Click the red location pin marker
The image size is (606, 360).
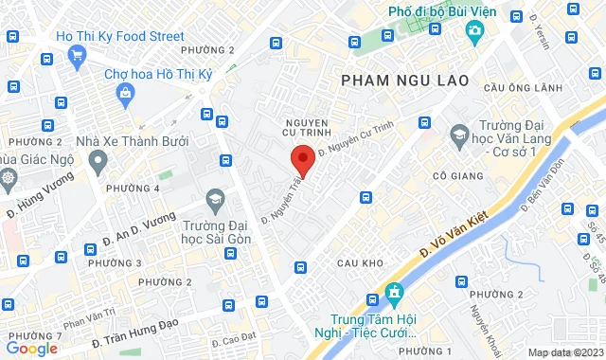point(301,159)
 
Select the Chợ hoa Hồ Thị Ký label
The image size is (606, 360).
point(157,73)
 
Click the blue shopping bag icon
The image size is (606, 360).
point(125,92)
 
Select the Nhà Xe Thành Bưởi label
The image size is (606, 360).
point(132,141)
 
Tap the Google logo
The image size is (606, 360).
point(31,349)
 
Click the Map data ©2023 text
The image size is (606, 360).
point(565,351)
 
